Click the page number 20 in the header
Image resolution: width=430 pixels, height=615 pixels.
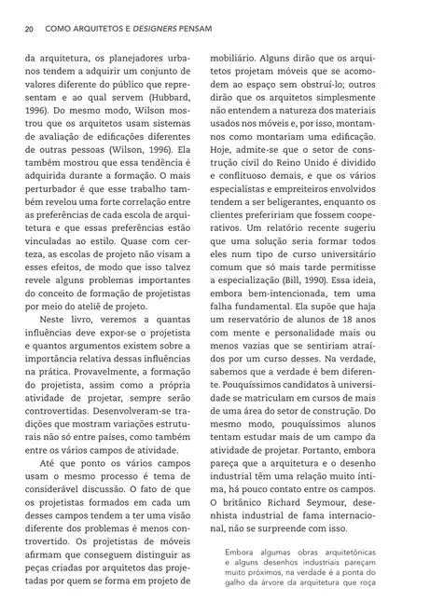pyautogui.click(x=30, y=28)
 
